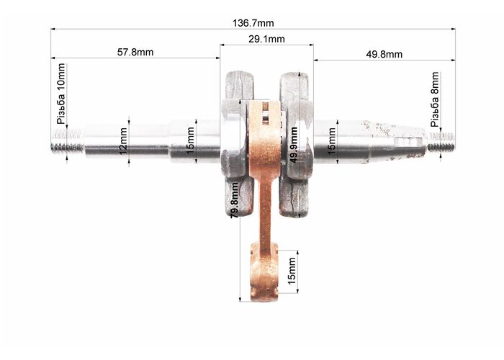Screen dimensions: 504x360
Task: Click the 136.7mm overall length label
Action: point(253,23)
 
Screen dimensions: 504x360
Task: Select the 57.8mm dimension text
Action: point(135,52)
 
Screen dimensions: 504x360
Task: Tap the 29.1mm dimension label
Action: point(266,39)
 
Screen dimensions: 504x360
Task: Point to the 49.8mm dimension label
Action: point(384,54)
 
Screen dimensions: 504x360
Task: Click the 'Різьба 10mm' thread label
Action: point(60,94)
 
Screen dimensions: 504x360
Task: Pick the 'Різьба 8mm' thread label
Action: point(435,99)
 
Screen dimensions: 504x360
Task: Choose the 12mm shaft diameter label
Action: point(123,145)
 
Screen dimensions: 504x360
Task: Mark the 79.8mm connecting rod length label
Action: point(235,200)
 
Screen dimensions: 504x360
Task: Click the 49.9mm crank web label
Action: point(294,145)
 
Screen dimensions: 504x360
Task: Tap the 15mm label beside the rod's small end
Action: point(292,271)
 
